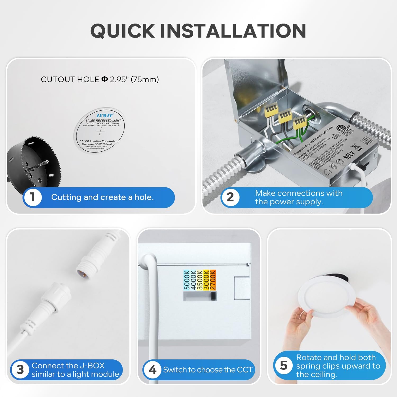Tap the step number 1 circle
[32, 197]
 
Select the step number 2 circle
[230, 197]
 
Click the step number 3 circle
[20, 370]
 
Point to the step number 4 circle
[152, 370]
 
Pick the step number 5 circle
[283, 366]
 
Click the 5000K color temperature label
[187, 280]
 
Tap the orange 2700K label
[213, 280]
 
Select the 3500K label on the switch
[200, 280]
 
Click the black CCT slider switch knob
[213, 296]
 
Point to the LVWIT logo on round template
[105, 115]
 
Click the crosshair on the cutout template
[100, 131]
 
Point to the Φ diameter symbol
[105, 79]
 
